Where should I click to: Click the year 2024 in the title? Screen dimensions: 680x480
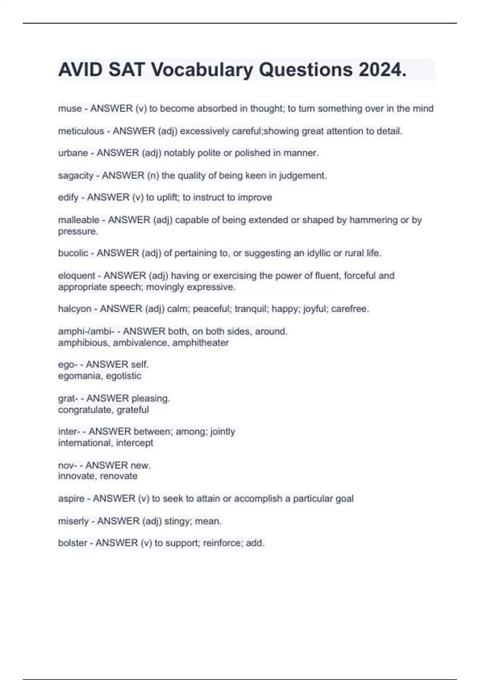click(x=382, y=70)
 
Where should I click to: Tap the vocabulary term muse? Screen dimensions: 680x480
click(x=70, y=108)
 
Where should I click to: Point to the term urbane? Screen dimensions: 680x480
click(x=73, y=153)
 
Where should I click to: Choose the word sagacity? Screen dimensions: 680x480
click(x=76, y=175)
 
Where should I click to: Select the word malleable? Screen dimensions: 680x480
click(x=78, y=220)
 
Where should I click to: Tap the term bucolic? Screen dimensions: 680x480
click(x=73, y=253)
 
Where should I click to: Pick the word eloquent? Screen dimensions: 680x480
click(x=76, y=275)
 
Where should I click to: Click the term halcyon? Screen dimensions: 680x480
click(x=74, y=308)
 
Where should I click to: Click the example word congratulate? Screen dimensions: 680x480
click(x=84, y=410)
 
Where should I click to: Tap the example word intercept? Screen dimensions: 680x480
click(x=134, y=443)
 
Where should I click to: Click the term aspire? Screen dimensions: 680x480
click(x=71, y=498)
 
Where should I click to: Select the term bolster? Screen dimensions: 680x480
click(x=72, y=543)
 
